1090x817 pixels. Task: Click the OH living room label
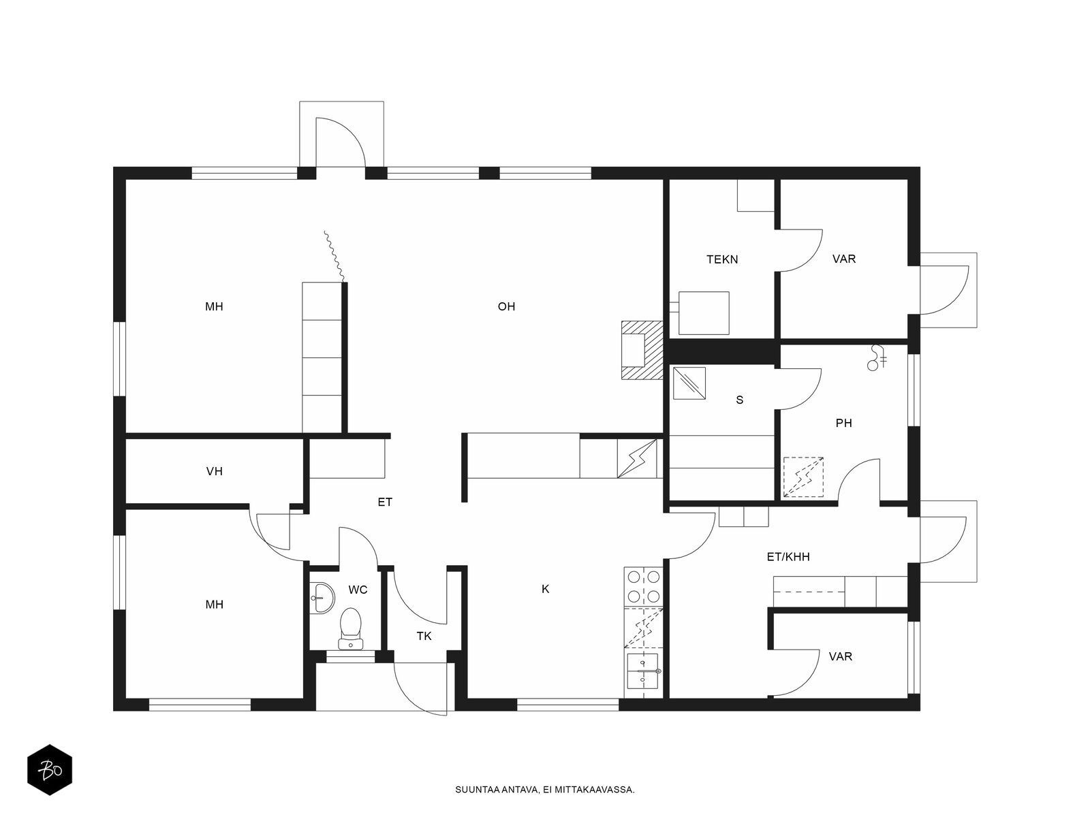(506, 306)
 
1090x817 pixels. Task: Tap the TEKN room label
(722, 259)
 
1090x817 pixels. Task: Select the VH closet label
(214, 470)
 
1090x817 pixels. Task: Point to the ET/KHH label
(788, 557)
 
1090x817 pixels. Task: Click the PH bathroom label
(843, 423)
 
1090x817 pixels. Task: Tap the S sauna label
(739, 400)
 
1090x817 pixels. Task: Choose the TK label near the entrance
(424, 636)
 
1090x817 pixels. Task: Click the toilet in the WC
(351, 628)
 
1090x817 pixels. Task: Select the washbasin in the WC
(322, 598)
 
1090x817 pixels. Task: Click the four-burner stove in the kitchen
(644, 586)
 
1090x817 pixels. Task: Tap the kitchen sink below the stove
(644, 672)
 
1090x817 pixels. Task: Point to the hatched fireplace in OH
(642, 350)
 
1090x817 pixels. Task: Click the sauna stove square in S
(689, 383)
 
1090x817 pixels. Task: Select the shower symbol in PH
(877, 358)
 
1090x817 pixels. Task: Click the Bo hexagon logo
(50, 770)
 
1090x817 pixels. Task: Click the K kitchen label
(545, 589)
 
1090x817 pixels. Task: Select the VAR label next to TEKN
(843, 259)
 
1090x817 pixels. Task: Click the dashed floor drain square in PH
(803, 477)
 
